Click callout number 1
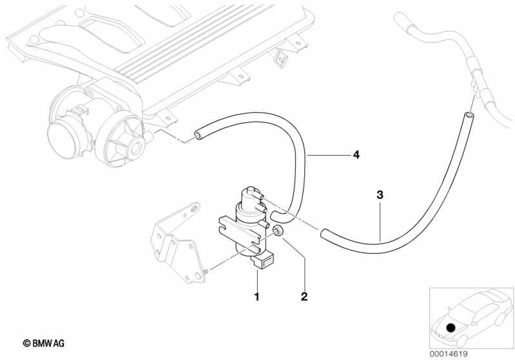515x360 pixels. click(x=257, y=296)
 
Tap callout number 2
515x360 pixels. click(x=304, y=296)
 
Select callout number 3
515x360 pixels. click(x=380, y=195)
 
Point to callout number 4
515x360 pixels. click(x=356, y=154)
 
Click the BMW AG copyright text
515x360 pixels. click(x=44, y=343)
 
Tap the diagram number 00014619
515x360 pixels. click(x=449, y=354)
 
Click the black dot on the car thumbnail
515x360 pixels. click(x=451, y=327)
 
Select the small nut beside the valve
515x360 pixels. click(x=278, y=231)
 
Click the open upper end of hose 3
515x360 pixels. click(x=469, y=115)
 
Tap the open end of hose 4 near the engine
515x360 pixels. click(x=198, y=135)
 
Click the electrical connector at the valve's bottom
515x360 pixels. click(x=263, y=261)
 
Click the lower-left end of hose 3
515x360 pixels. click(x=323, y=234)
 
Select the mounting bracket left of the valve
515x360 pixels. click(x=177, y=243)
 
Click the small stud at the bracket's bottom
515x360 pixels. click(x=206, y=271)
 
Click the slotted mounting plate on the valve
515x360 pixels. click(x=238, y=234)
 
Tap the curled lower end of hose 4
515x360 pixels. click(x=278, y=216)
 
